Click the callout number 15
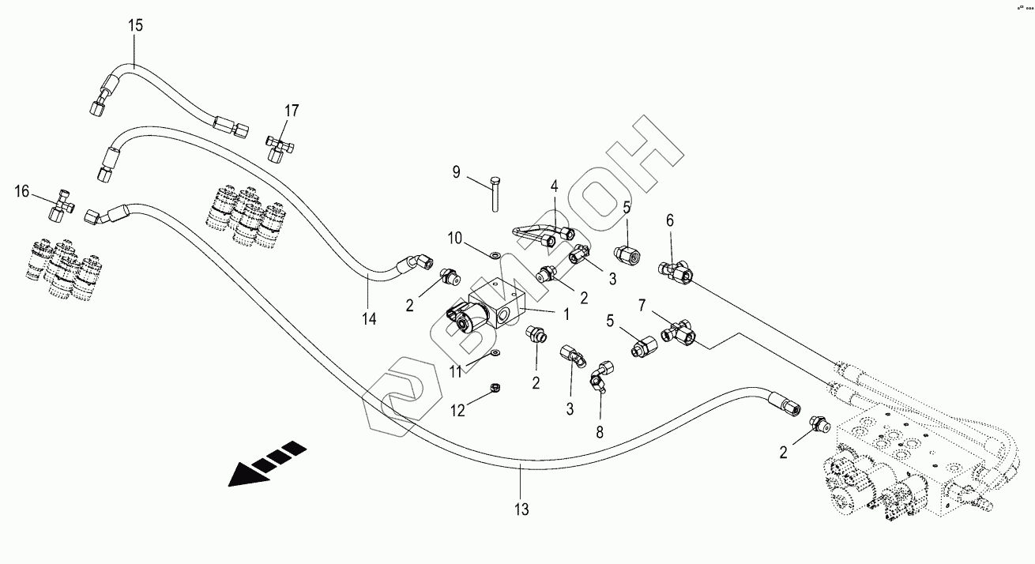pyautogui.click(x=136, y=25)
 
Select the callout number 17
pyautogui.click(x=292, y=111)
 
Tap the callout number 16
pyautogui.click(x=22, y=191)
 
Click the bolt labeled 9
pyautogui.click(x=495, y=194)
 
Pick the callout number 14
pyautogui.click(x=369, y=319)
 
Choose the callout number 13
pyautogui.click(x=522, y=509)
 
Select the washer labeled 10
pyautogui.click(x=494, y=255)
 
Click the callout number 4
pyautogui.click(x=555, y=186)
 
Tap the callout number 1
pyautogui.click(x=566, y=313)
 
